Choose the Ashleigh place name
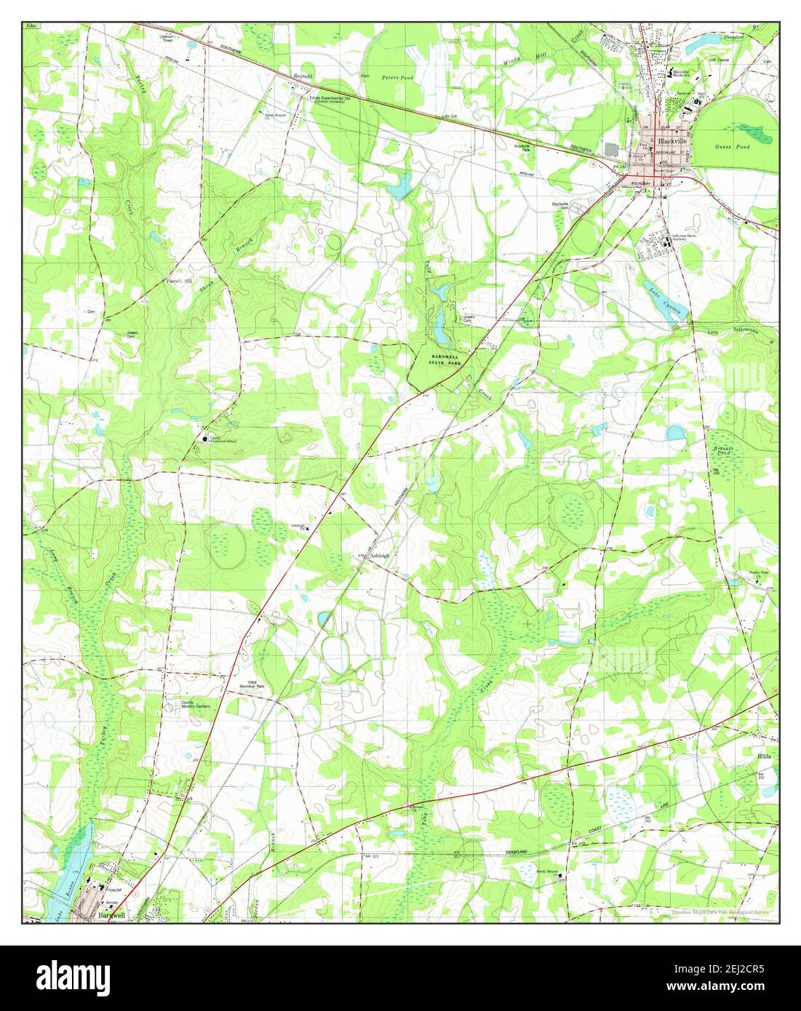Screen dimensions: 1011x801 (x=380, y=556)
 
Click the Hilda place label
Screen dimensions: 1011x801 (x=764, y=756)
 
